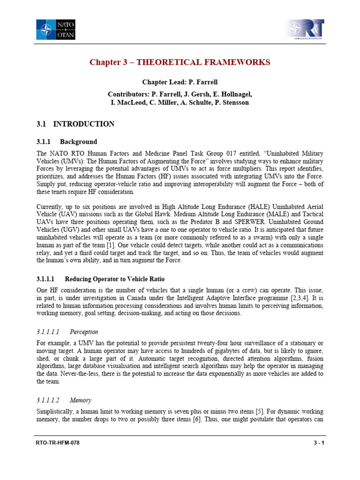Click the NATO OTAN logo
(56, 29)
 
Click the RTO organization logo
(304, 29)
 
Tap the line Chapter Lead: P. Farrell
(180, 82)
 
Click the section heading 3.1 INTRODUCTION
(75, 124)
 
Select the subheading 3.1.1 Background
(67, 142)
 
